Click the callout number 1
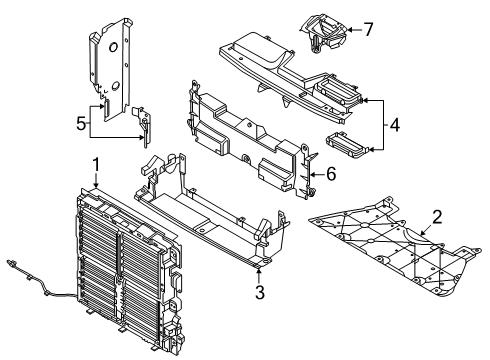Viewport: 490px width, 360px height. (96, 165)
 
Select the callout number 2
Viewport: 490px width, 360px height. (437, 217)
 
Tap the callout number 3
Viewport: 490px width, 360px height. (260, 291)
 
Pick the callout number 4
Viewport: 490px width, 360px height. (394, 125)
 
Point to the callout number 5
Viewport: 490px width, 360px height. (81, 124)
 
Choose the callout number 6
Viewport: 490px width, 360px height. (331, 174)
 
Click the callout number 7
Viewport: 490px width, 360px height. (368, 29)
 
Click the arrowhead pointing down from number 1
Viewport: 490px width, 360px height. (96, 185)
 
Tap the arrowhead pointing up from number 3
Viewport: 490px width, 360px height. (259, 270)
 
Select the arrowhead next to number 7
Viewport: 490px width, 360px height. (348, 30)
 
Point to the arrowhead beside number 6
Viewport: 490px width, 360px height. (311, 174)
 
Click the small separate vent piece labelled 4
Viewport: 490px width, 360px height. (347, 144)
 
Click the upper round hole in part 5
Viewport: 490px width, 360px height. (113, 48)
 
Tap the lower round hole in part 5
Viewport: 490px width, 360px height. (115, 86)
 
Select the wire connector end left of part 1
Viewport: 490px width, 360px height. (11, 263)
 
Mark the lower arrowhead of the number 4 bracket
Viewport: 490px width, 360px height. (371, 150)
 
